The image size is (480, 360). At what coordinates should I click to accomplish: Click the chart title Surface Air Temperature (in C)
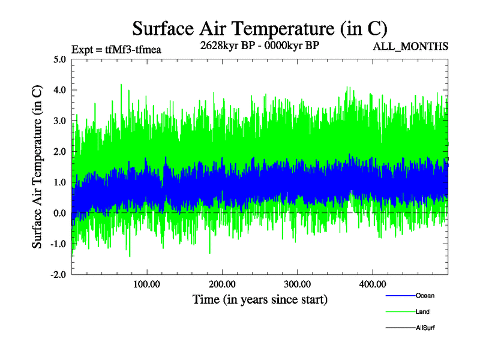(x=260, y=29)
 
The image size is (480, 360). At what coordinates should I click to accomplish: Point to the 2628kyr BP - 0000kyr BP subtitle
(x=259, y=46)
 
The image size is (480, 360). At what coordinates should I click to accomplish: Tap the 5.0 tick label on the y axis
(x=60, y=59)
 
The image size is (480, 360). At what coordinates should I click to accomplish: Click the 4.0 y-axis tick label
(x=60, y=90)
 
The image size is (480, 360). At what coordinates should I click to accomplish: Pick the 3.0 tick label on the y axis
(x=60, y=121)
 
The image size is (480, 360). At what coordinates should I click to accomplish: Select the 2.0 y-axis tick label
(x=60, y=152)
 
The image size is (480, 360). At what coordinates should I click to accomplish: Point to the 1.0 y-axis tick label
(x=60, y=182)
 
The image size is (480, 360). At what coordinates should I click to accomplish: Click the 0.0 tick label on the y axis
(x=60, y=213)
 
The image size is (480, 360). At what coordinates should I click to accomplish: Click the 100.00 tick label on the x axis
(x=146, y=284)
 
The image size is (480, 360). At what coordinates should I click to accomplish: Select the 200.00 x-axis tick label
(x=222, y=284)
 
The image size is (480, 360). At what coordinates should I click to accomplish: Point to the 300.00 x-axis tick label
(x=297, y=284)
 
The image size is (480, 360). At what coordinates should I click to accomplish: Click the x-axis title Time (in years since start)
(x=259, y=299)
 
